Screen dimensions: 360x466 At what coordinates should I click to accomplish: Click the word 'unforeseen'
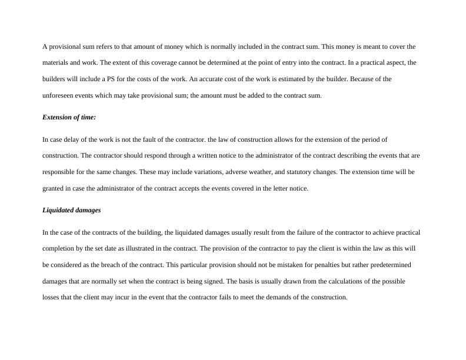point(58,96)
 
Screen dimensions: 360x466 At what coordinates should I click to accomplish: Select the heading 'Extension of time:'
point(69,118)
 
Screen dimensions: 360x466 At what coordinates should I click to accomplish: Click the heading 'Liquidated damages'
point(71,211)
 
